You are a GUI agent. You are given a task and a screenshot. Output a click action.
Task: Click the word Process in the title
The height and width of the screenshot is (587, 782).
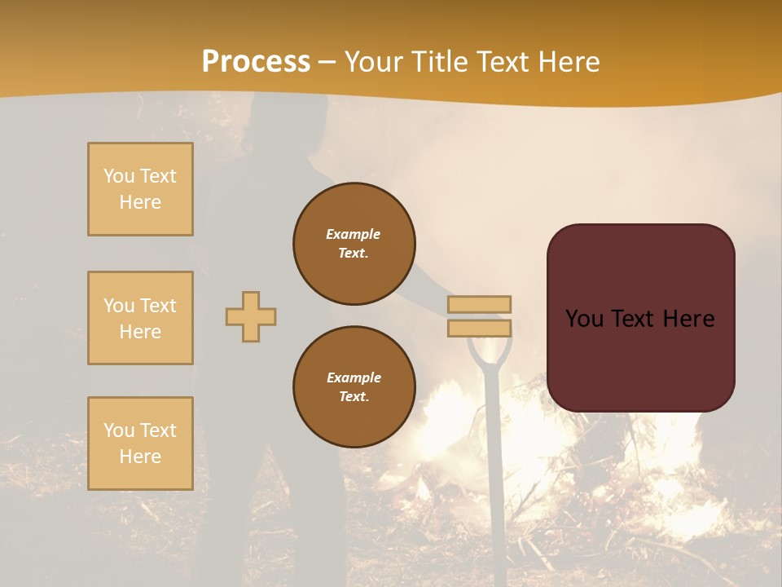pyautogui.click(x=256, y=61)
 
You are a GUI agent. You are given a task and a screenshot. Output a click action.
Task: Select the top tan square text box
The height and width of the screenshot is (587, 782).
pyautogui.click(x=140, y=189)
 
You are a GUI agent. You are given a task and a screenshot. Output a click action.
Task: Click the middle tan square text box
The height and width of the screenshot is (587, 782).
pyautogui.click(x=140, y=318)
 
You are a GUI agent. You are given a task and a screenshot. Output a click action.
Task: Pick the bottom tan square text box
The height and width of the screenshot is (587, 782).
pyautogui.click(x=140, y=443)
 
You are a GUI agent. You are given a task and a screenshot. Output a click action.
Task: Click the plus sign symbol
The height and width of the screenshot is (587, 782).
pyautogui.click(x=251, y=316)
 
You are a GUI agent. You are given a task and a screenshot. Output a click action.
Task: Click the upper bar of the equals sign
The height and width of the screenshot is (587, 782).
pyautogui.click(x=480, y=304)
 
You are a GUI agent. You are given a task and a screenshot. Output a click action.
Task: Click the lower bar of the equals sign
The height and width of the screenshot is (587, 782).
pyautogui.click(x=480, y=328)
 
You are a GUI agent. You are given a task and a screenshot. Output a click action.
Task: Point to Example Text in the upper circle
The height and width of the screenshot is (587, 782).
pyautogui.click(x=354, y=243)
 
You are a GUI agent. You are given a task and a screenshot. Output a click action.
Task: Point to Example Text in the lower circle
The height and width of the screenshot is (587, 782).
pyautogui.click(x=354, y=386)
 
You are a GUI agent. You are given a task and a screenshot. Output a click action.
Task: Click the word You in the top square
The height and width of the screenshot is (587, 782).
pyautogui.click(x=118, y=176)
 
